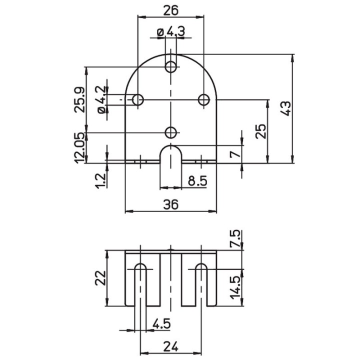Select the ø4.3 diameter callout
[170, 31]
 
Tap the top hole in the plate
[171, 65]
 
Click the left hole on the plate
[138, 99]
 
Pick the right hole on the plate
[203, 99]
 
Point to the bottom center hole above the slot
[171, 132]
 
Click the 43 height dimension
[285, 108]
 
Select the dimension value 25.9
[79, 99]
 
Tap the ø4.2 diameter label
[100, 99]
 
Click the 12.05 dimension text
[79, 148]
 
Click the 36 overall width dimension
[171, 203]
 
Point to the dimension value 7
[233, 153]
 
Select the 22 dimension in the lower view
[100, 277]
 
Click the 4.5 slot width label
[160, 323]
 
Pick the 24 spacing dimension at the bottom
[171, 345]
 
